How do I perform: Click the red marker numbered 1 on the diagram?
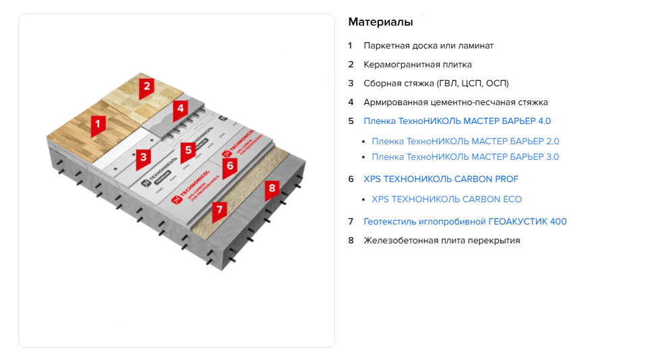click(x=98, y=124)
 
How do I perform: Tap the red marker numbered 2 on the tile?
click(x=146, y=86)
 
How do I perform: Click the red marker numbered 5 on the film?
click(x=188, y=150)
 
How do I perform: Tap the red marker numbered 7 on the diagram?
click(x=218, y=210)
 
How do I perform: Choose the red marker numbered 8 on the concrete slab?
click(x=272, y=188)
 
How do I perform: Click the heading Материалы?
click(x=380, y=22)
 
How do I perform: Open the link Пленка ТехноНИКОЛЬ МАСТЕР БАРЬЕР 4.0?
click(x=457, y=121)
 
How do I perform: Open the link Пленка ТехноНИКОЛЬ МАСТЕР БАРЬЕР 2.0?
click(x=465, y=142)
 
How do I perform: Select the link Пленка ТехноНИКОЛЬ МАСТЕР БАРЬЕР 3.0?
click(x=465, y=157)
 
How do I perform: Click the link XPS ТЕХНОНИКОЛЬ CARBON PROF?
click(x=441, y=179)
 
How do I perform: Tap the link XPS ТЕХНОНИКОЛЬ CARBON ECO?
click(x=446, y=200)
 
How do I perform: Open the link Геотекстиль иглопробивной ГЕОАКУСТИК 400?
click(x=465, y=221)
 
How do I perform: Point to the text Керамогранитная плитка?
click(x=417, y=65)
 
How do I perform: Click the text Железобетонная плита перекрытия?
click(x=442, y=240)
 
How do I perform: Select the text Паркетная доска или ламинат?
click(x=428, y=46)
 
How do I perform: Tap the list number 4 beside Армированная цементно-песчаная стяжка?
click(x=351, y=102)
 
